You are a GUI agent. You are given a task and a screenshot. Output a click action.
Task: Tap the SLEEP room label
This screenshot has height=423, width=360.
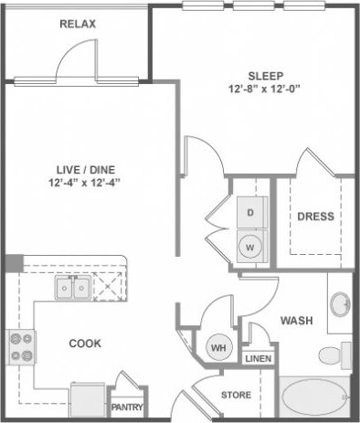pos(266,75)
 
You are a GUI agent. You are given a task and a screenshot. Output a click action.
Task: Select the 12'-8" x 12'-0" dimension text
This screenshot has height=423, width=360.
pos(266,90)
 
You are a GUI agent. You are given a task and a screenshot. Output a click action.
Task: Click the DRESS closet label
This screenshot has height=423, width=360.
pos(315,217)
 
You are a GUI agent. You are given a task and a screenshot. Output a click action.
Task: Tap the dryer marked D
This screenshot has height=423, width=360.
pos(250,213)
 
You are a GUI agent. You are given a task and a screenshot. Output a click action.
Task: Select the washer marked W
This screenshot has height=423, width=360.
pos(250,247)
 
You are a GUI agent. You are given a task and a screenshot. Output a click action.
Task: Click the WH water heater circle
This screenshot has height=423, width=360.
pos(219,347)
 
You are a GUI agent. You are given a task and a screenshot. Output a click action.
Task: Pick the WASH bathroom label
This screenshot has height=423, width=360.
pos(297,321)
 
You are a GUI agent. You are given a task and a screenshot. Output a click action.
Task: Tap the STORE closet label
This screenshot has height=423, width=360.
pos(237,396)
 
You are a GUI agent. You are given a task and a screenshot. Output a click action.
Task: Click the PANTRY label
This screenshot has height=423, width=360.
pos(126,407)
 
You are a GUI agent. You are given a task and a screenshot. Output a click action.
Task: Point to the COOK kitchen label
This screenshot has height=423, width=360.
pos(84,344)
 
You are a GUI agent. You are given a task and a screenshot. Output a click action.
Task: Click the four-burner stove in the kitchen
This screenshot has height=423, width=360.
pos(21,347)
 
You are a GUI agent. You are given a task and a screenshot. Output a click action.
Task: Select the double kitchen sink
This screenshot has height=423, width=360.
pos(72,290)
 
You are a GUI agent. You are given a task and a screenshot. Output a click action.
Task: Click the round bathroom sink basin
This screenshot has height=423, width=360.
pos(340,303)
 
